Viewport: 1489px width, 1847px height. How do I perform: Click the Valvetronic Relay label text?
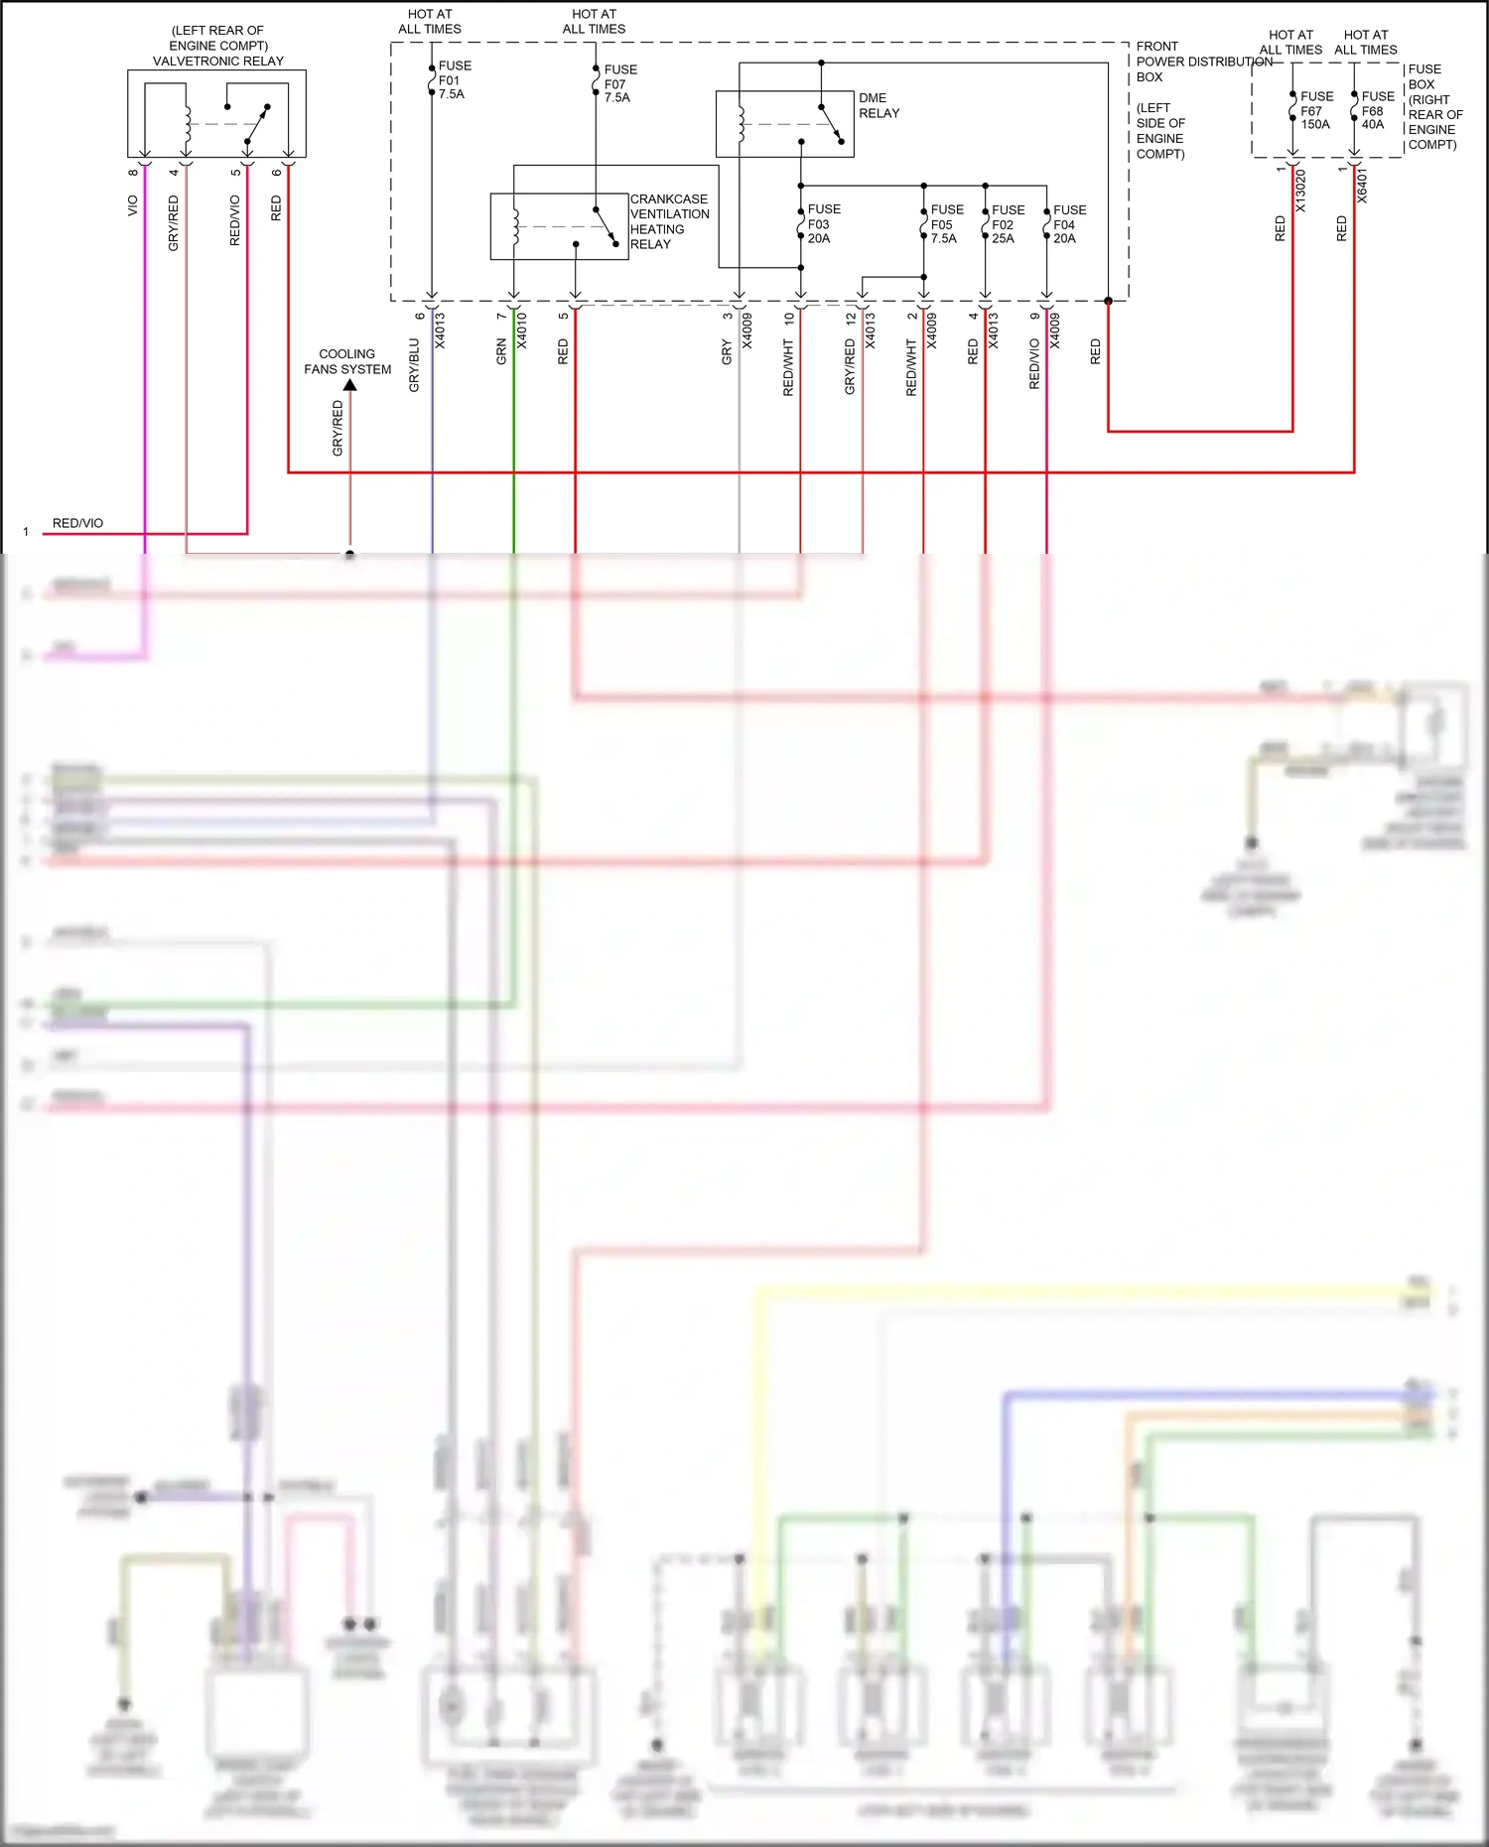tap(217, 61)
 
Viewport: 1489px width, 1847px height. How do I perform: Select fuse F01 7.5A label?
tap(455, 80)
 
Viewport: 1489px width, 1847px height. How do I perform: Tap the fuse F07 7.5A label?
tap(620, 83)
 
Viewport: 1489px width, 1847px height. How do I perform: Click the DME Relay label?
tap(879, 105)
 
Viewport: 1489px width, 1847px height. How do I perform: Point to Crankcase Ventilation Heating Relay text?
tap(669, 221)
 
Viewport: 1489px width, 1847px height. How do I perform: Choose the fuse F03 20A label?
tap(823, 224)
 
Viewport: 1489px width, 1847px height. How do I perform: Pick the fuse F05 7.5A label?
tap(946, 224)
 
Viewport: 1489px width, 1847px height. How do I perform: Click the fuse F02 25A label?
tap(1008, 224)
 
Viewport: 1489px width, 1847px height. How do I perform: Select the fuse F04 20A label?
tap(1069, 224)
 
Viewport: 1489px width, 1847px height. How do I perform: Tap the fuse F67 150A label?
tap(1316, 110)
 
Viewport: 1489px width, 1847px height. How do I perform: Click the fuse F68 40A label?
tap(1377, 110)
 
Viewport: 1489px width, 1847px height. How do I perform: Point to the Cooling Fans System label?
tap(347, 361)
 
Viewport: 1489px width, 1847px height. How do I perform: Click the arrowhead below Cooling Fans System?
tap(349, 385)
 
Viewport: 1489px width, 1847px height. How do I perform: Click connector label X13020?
tap(1300, 191)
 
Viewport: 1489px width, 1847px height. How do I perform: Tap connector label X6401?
tap(1362, 187)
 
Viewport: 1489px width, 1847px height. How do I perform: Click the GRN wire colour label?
tap(501, 351)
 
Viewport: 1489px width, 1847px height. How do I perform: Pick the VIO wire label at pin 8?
tap(132, 205)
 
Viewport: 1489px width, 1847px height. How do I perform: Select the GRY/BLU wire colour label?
tap(414, 365)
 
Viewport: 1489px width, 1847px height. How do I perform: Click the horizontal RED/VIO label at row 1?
tap(77, 523)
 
